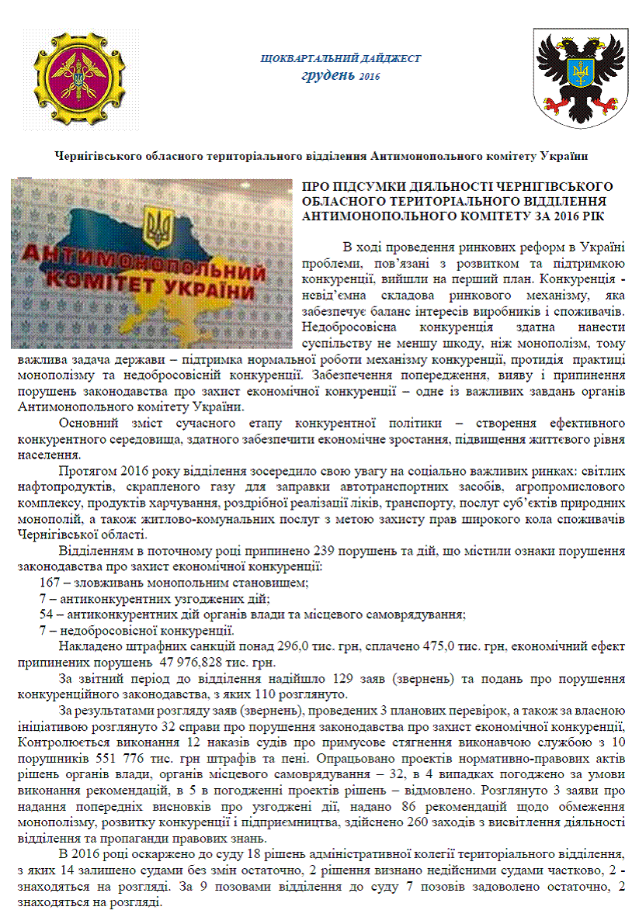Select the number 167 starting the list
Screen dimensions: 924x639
pos(50,582)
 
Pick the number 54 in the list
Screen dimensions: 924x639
pos(47,614)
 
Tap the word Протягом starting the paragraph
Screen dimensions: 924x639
pos(86,472)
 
